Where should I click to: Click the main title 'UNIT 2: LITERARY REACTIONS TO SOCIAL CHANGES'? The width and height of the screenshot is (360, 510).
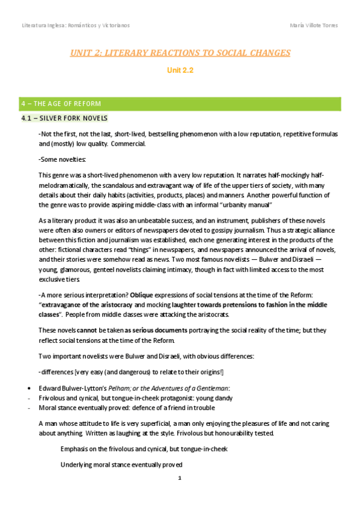[180, 53]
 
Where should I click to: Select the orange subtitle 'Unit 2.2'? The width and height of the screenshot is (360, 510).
[180, 70]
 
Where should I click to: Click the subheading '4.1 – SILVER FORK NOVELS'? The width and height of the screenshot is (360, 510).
[64, 118]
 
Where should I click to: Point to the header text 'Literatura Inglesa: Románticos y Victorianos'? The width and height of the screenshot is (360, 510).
[75, 25]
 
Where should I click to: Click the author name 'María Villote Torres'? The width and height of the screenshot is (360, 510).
[313, 25]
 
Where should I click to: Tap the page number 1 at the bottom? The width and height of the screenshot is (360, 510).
[180, 479]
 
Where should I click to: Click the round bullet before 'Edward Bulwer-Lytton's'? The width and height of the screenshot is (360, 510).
[22, 387]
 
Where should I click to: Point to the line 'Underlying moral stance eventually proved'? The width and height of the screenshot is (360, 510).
[121, 465]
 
